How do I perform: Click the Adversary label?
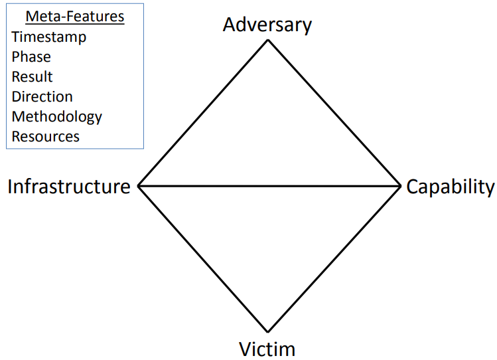[x=267, y=25]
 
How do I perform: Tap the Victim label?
[x=267, y=348]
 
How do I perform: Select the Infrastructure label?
[x=69, y=187]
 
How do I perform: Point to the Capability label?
[x=451, y=187]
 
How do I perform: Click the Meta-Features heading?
[x=75, y=17]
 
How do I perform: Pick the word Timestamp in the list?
[x=48, y=37]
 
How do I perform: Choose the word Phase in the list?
[x=31, y=57]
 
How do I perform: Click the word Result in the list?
[x=32, y=77]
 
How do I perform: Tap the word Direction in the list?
[x=42, y=97]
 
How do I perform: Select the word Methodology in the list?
[x=56, y=117]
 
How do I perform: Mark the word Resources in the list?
[x=45, y=137]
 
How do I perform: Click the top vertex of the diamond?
[x=268, y=40]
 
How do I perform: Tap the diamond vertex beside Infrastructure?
[x=138, y=187]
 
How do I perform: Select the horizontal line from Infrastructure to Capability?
[x=269, y=187]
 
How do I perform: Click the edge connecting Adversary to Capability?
[x=334, y=113]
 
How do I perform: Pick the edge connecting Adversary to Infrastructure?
[x=203, y=113]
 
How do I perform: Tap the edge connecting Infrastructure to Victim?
[x=203, y=259]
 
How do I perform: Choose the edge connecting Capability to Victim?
[x=334, y=259]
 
